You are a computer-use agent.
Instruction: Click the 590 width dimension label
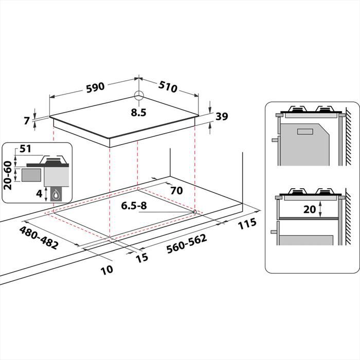pyautogui.click(x=95, y=87)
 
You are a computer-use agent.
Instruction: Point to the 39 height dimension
pyautogui.click(x=222, y=117)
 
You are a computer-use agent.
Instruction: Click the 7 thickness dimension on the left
pyautogui.click(x=27, y=121)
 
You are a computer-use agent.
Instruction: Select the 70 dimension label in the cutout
pyautogui.click(x=176, y=190)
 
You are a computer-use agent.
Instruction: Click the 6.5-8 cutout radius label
pyautogui.click(x=134, y=206)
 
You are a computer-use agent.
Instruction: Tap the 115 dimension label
pyautogui.click(x=247, y=225)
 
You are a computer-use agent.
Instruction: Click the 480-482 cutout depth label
pyautogui.click(x=39, y=238)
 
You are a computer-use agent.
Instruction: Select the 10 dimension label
pyautogui.click(x=106, y=269)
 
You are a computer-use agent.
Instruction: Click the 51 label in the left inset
pyautogui.click(x=26, y=150)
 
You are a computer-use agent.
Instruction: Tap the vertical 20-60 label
pyautogui.click(x=8, y=175)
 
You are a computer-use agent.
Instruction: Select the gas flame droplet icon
pyautogui.click(x=55, y=194)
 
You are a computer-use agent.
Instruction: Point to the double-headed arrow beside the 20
pyautogui.click(x=320, y=209)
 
